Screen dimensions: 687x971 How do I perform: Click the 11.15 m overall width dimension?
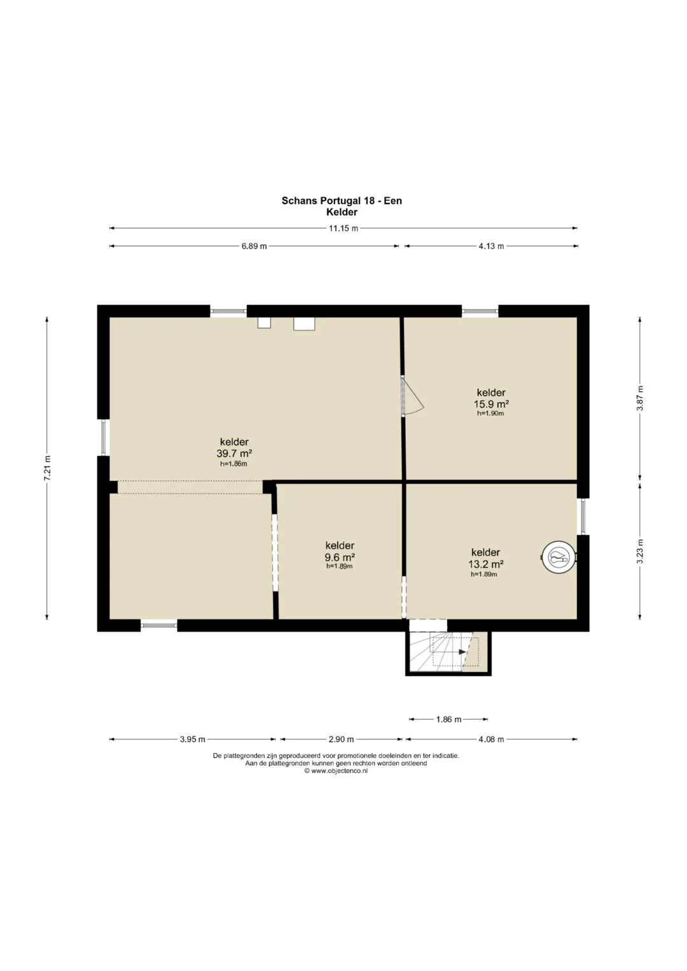pos(343,228)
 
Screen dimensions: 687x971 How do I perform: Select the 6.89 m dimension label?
pos(254,246)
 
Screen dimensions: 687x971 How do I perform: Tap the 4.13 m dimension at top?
pos(491,246)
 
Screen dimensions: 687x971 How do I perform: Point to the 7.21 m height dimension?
pos(47,468)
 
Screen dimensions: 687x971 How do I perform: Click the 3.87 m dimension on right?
pos(640,398)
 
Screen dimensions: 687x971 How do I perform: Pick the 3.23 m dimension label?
pos(640,551)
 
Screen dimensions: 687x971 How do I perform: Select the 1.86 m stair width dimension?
pos(448,720)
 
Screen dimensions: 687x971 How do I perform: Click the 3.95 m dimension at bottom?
pos(193,739)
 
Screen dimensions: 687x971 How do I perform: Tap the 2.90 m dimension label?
pos(341,739)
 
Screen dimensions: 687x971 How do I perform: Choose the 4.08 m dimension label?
pos(491,739)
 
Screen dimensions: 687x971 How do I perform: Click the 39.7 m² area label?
pos(234,453)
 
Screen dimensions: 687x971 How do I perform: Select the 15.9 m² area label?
pos(491,404)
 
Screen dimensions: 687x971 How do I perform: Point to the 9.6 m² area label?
pos(340,557)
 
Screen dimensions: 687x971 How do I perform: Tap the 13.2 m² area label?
pos(486,564)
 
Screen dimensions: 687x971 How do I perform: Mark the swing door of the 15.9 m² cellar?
pos(412,396)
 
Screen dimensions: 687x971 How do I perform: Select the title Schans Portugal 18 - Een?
pos(342,201)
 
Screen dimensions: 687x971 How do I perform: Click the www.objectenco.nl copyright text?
pos(336,771)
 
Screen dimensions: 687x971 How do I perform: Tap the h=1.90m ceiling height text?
pos(490,413)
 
